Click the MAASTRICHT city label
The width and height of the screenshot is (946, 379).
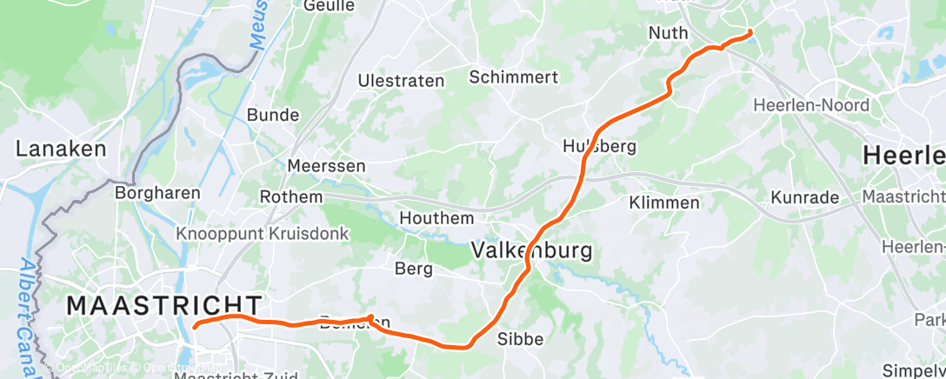(164, 305)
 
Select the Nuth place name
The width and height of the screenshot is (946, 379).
(668, 33)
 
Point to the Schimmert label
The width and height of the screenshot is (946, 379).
(513, 77)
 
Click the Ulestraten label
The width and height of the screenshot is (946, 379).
(401, 81)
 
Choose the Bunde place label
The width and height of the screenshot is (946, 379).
(273, 115)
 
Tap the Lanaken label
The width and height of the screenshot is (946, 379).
(61, 149)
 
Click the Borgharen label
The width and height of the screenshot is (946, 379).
(158, 193)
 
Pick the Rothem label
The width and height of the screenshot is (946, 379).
(290, 197)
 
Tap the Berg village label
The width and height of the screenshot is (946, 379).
(414, 269)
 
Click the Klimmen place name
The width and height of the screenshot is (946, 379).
(665, 203)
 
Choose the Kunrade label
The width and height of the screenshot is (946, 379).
(805, 197)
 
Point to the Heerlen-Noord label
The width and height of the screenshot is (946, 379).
(811, 106)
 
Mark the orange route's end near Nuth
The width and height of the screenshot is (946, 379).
(750, 33)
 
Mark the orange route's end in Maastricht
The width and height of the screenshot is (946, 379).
(195, 326)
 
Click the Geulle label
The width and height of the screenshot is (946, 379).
(330, 6)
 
